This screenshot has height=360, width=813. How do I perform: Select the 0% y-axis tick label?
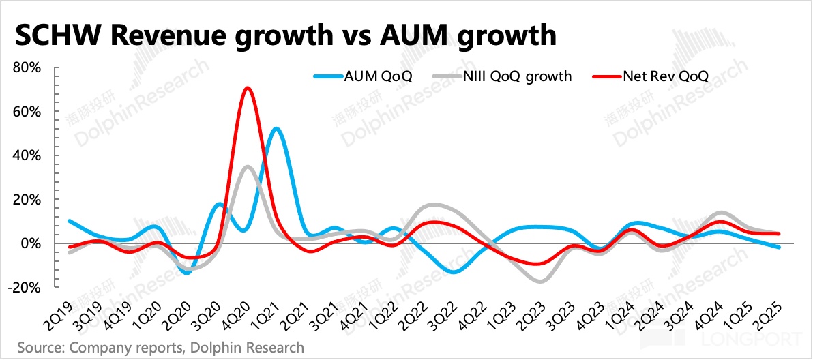point(33,243)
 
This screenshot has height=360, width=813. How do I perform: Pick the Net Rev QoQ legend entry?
point(665,76)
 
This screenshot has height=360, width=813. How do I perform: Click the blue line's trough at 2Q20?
point(187,273)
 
